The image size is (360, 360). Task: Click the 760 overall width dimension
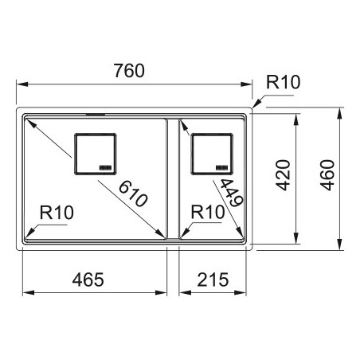pyautogui.click(x=129, y=71)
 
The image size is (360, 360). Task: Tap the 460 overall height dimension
pyautogui.click(x=327, y=175)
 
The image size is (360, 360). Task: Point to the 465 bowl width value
pyautogui.click(x=88, y=280)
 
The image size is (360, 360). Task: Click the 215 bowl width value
pyautogui.click(x=213, y=280)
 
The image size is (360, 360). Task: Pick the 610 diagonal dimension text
pyautogui.click(x=133, y=194)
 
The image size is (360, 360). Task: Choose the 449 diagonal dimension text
pyautogui.click(x=232, y=193)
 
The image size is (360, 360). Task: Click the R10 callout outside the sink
pyautogui.click(x=283, y=82)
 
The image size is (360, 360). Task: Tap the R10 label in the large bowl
pyautogui.click(x=57, y=213)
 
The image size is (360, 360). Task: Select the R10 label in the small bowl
pyautogui.click(x=208, y=212)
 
